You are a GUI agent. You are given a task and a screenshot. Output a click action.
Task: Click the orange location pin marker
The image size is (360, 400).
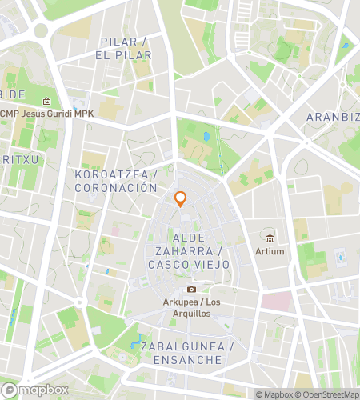tap(181, 199)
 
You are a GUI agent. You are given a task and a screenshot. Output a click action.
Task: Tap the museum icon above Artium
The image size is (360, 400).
tap(270, 238)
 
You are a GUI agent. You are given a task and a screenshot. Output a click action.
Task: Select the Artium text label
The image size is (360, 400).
tap(270, 251)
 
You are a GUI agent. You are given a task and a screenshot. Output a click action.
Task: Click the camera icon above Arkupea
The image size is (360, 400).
tap(190, 289)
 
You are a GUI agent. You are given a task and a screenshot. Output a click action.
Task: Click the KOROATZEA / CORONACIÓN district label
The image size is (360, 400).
tap(115, 181)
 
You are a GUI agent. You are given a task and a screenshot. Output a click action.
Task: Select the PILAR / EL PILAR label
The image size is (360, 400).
tap(124, 48)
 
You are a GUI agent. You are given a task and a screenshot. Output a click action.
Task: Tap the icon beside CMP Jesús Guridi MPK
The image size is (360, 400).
tap(46, 102)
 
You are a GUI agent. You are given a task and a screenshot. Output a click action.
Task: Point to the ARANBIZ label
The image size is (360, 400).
tap(333, 117)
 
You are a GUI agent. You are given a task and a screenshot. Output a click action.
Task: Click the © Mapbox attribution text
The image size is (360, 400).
tap(274, 394)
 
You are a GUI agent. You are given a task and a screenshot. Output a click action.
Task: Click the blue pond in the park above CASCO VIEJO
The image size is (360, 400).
tap(206, 137)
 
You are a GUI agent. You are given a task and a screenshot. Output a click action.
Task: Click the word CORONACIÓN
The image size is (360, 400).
tap(115, 188)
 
